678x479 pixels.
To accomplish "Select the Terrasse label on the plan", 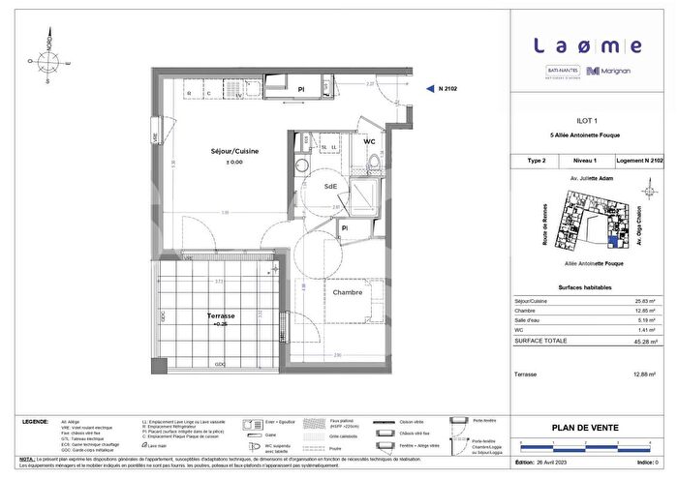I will [x=222, y=315].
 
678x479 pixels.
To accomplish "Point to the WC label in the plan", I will [x=369, y=142].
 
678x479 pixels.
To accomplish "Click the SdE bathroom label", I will [x=330, y=185].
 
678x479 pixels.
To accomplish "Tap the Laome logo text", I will [x=588, y=45].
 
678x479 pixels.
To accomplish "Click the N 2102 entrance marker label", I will [x=448, y=88].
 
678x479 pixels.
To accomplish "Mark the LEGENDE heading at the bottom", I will [x=36, y=423].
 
